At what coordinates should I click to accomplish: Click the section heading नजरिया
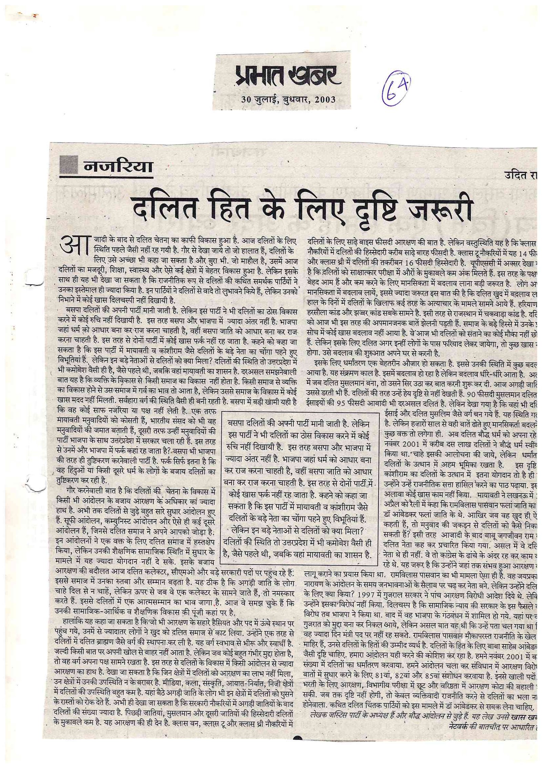117,167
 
